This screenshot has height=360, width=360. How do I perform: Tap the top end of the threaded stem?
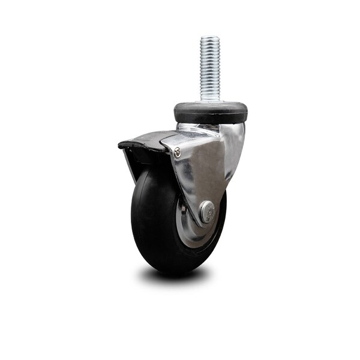(210, 38)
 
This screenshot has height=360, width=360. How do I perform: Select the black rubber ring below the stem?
(211, 113)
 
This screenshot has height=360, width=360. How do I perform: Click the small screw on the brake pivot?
(177, 153)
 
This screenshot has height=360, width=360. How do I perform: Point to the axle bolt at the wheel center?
(207, 212)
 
